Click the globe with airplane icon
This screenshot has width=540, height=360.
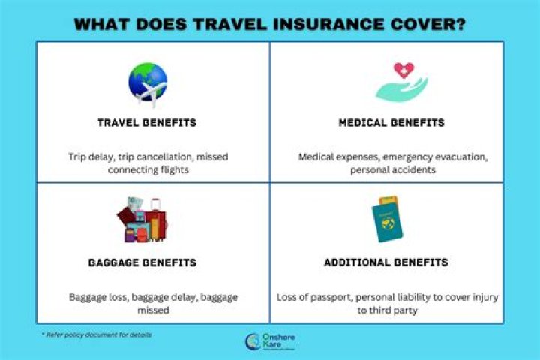(148, 85)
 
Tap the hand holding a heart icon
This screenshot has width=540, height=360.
(401, 82)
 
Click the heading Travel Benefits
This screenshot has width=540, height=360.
(147, 123)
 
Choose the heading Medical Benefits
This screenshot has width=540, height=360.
(391, 123)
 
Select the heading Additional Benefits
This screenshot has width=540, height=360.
(385, 262)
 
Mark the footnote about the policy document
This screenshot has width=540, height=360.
(97, 334)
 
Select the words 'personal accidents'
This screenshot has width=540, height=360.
(390, 170)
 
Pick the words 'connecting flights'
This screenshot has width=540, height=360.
(147, 170)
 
